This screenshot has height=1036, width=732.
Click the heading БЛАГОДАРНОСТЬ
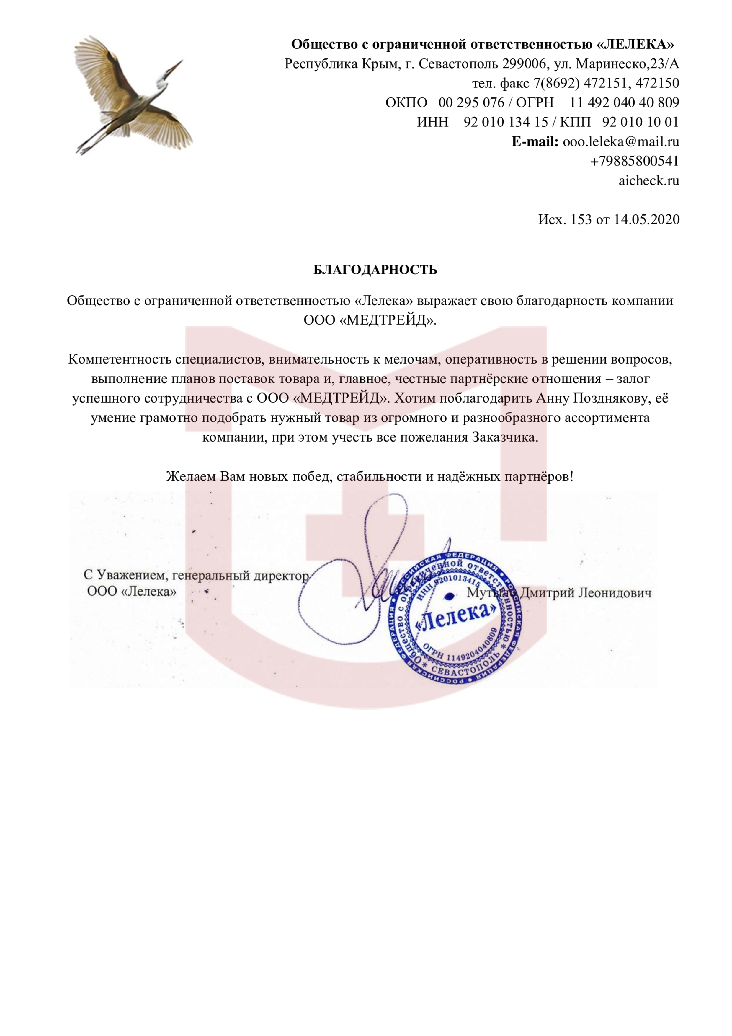[375, 270]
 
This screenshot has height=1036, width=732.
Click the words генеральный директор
[241, 575]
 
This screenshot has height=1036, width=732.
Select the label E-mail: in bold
[535, 142]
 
